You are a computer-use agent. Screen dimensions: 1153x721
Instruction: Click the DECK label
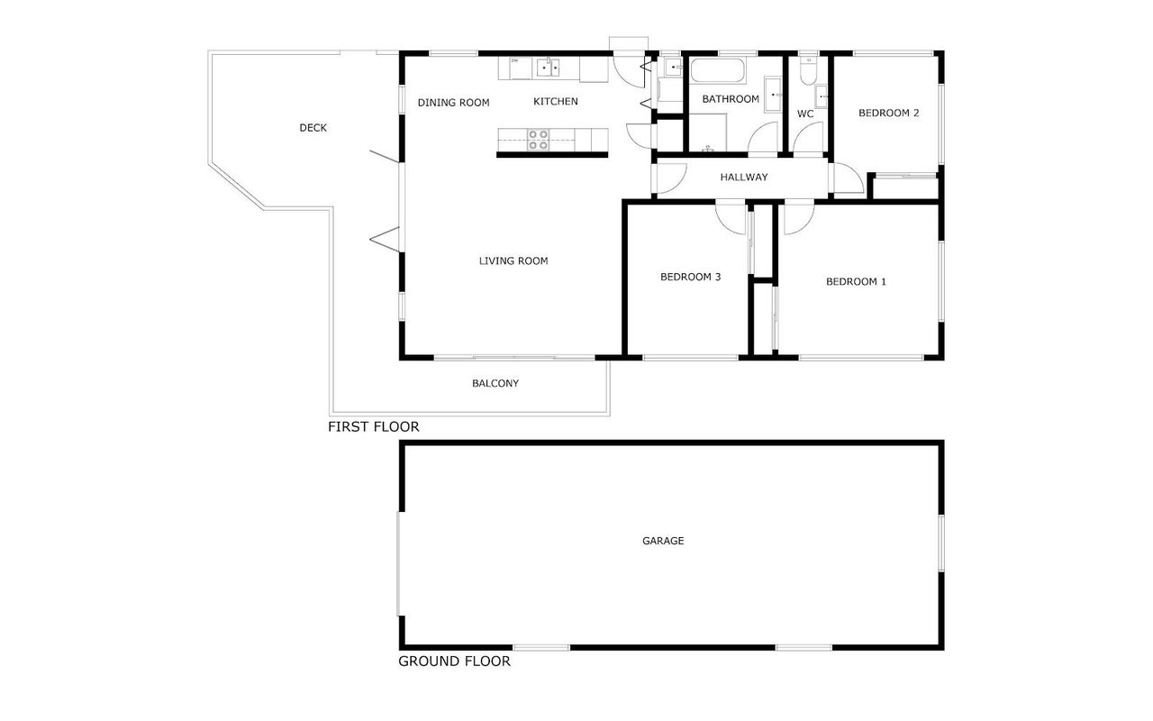(x=313, y=128)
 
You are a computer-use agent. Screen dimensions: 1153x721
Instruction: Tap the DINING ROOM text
(x=453, y=103)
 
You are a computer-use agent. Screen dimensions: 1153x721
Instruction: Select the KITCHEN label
(x=556, y=102)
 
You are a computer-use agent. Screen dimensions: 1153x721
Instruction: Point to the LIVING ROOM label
(x=513, y=261)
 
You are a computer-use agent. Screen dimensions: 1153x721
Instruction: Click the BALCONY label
(x=495, y=383)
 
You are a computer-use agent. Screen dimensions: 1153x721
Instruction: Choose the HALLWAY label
(x=744, y=178)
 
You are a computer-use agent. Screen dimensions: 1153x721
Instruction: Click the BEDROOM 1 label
(x=856, y=282)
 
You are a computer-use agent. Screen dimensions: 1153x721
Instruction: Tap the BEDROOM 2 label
(x=888, y=113)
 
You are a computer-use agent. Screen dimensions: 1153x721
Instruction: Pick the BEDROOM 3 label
(x=690, y=277)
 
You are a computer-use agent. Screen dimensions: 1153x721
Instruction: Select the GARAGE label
(x=663, y=541)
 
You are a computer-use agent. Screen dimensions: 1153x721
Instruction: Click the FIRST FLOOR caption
(x=373, y=426)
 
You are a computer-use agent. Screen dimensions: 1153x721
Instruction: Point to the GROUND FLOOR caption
(x=454, y=662)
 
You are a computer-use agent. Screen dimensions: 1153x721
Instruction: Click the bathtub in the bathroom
(x=718, y=70)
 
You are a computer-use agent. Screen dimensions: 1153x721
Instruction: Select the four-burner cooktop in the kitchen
(x=538, y=140)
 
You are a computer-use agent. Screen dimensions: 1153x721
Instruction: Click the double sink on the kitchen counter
(x=548, y=68)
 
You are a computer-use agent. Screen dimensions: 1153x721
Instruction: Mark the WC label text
(x=805, y=114)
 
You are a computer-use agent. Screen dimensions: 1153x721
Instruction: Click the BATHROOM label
(x=731, y=99)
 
